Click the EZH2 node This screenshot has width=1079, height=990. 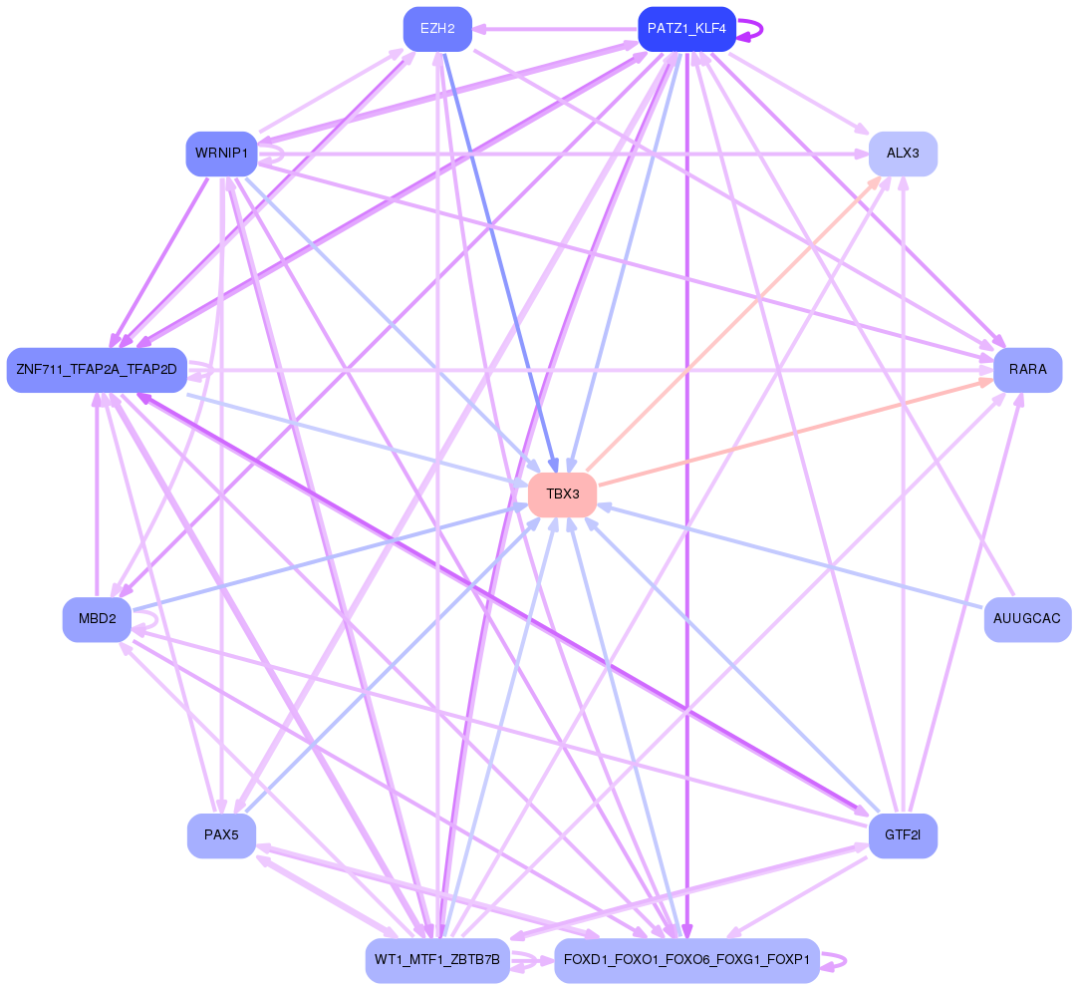point(437,28)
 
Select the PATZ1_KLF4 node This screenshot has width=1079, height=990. point(686,28)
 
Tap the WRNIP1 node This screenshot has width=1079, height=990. point(221,154)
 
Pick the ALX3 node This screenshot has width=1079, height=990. point(903,154)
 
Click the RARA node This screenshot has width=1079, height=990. point(1027,370)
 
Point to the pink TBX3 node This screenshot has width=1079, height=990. point(562,495)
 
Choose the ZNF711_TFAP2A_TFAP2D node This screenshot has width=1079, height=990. point(97,370)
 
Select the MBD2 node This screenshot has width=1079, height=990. point(97,619)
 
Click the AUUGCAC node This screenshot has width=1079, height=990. point(1027,619)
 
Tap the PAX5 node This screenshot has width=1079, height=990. point(221,835)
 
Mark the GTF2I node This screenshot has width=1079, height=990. point(903,835)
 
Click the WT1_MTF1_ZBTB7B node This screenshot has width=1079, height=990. point(437,960)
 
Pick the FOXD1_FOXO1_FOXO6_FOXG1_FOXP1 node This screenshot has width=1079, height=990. point(686,960)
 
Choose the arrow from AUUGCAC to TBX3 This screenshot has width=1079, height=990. point(797,557)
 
